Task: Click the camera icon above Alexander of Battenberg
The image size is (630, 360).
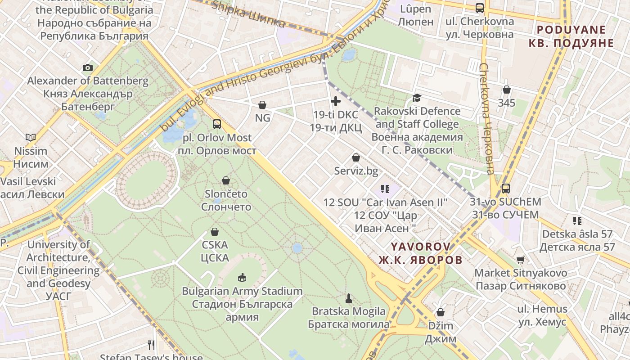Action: pos(88,68)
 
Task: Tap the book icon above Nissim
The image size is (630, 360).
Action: pos(31,137)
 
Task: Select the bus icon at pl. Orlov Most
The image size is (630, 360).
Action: pos(217,124)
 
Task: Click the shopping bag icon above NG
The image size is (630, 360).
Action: pos(262,105)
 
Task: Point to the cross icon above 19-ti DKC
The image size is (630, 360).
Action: pos(335,101)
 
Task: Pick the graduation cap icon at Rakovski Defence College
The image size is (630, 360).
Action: pos(417,98)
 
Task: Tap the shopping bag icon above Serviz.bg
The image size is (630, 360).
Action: pos(356,157)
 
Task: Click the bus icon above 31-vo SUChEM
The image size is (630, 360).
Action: pos(505,189)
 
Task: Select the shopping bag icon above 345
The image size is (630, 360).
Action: pos(507,90)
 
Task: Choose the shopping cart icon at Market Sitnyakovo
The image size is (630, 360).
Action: pos(521,260)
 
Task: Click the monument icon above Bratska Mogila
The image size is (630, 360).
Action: pos(348,298)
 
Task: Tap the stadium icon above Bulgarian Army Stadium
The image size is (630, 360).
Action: pos(242,277)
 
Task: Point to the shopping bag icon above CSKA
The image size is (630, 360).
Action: pos(215,232)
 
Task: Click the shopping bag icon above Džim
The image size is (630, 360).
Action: pos(441,312)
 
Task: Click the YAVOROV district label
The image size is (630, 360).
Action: pos(420,253)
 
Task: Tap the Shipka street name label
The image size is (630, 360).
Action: pos(248,14)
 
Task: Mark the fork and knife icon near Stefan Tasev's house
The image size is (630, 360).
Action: pos(151,345)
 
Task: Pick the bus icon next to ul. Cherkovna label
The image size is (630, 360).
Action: pos(480,8)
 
